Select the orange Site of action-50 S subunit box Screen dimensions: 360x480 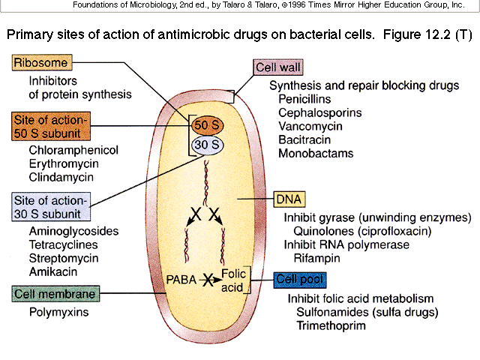click(x=51, y=126)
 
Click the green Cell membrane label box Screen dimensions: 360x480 click(x=57, y=293)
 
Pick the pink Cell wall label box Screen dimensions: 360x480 click(x=278, y=67)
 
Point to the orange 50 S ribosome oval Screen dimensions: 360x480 click(x=206, y=124)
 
